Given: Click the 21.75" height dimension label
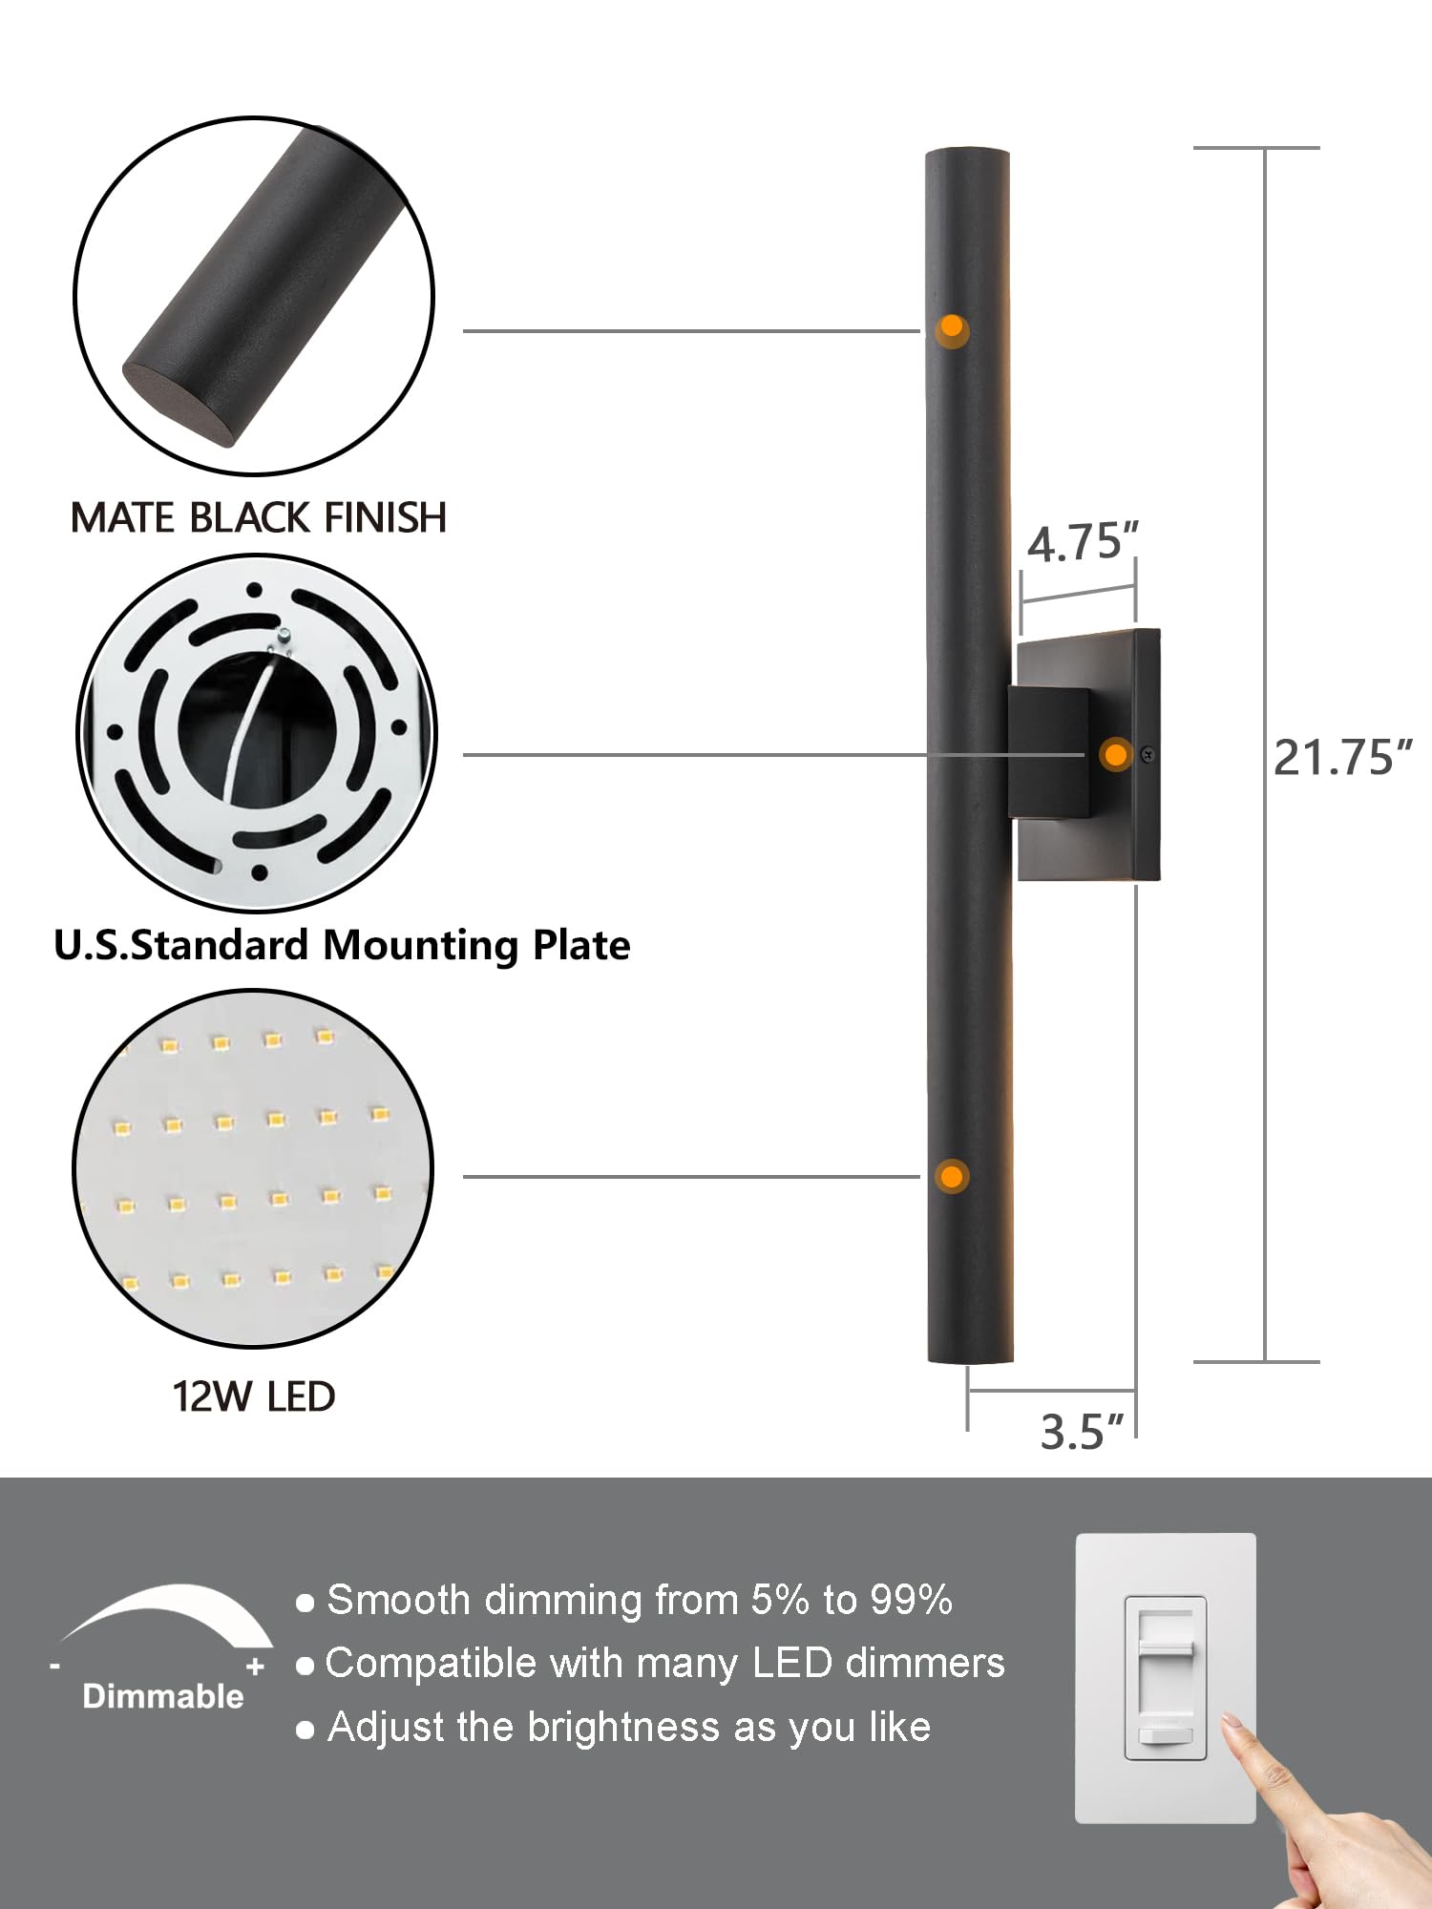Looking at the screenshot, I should coord(1341,758).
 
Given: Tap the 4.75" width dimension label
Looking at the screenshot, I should coord(1083,542).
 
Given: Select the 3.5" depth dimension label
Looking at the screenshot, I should coord(1081,1433).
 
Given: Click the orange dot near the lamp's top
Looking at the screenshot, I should coord(951,328).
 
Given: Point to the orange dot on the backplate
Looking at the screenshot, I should coord(1114,755).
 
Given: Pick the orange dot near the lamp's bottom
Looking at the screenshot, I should coord(951,1176).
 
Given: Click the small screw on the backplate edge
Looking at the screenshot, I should coord(1148,755).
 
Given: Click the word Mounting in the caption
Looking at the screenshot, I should coord(420,946).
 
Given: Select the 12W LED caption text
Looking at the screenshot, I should coord(254,1396).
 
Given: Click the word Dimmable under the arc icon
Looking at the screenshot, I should coord(163,1696).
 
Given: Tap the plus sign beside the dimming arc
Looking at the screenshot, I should coord(255,1668).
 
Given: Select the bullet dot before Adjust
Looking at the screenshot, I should coord(305,1730).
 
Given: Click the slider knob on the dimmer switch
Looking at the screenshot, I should coord(1165,1648).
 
